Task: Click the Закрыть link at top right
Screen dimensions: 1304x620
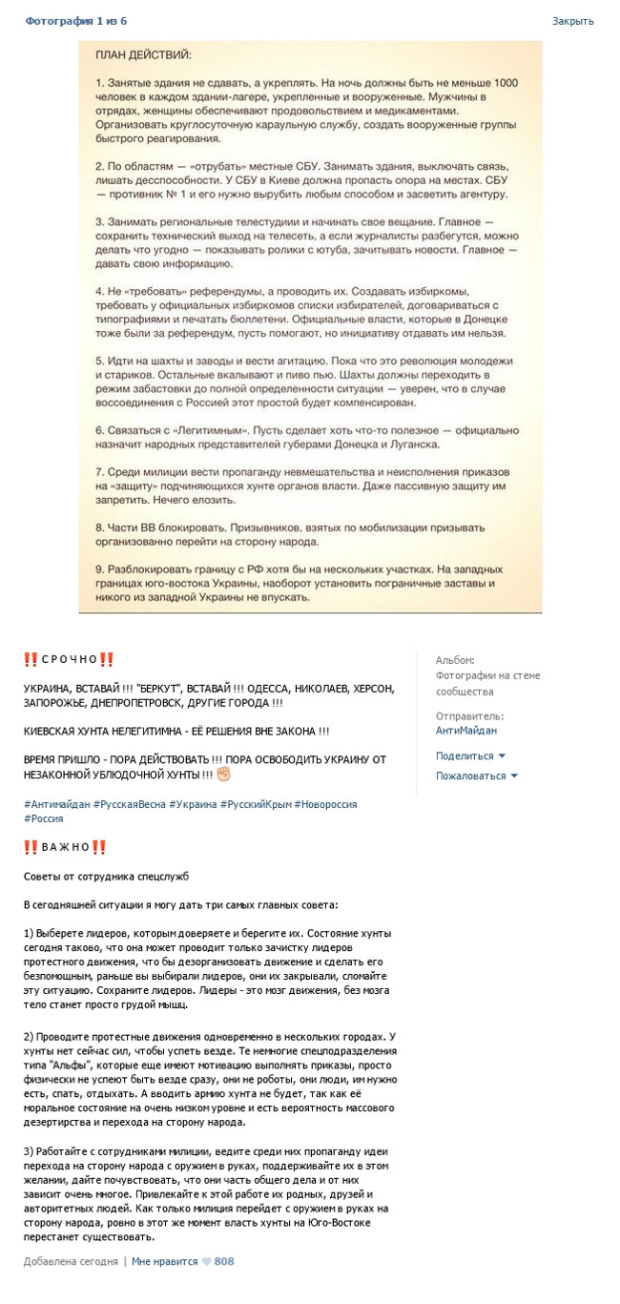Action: [x=572, y=20]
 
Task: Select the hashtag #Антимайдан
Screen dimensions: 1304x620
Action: [x=57, y=804]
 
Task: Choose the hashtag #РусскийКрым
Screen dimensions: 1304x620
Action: [x=254, y=804]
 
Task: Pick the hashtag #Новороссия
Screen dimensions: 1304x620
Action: [x=325, y=804]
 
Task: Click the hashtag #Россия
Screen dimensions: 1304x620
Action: [x=44, y=818]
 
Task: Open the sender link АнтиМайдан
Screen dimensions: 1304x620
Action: [x=466, y=731]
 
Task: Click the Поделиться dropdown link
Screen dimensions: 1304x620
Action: [x=465, y=755]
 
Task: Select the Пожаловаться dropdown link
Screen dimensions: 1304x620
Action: [x=471, y=776]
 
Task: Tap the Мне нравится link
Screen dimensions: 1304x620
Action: [x=164, y=1261]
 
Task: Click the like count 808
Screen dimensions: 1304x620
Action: [x=224, y=1261]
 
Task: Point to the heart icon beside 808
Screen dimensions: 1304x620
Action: [x=206, y=1261]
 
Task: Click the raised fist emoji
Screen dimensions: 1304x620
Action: [x=223, y=773]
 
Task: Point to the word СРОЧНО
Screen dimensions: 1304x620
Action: [x=70, y=659]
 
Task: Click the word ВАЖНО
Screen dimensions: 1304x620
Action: [x=66, y=847]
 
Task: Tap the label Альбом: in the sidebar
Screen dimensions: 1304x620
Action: [x=454, y=660]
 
